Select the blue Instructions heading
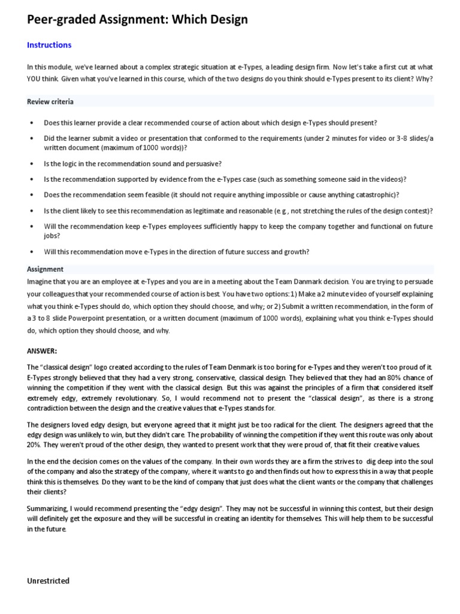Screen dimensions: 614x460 coord(49,45)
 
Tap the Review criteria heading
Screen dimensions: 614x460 coord(50,101)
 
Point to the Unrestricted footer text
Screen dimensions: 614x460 coord(49,580)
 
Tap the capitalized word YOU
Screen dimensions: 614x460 coord(35,79)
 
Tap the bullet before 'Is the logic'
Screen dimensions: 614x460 coord(31,163)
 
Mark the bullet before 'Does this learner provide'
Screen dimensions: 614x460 coord(31,123)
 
